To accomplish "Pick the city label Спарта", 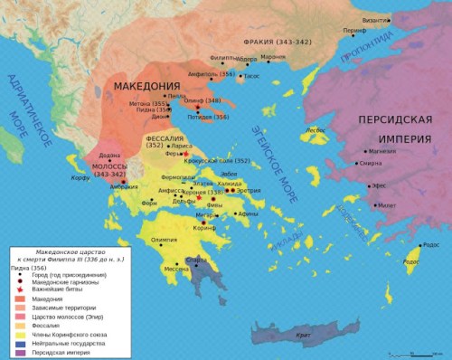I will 196,261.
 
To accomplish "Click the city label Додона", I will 108,155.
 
